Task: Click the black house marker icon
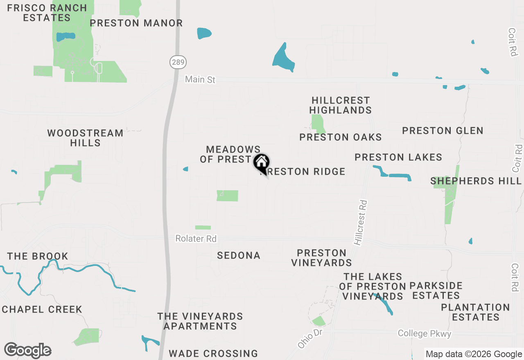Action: (261, 162)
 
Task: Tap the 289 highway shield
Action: (178, 62)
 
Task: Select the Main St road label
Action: (200, 79)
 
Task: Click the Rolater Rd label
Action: (196, 239)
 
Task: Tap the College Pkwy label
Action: (425, 334)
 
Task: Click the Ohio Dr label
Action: (310, 339)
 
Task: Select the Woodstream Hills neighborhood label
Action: (85, 138)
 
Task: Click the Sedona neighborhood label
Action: (239, 256)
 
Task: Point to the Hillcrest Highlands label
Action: (341, 105)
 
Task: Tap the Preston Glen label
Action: (443, 131)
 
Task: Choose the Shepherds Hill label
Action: (476, 181)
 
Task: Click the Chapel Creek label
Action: (42, 309)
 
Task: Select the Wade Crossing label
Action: (213, 353)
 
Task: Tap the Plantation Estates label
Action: (475, 312)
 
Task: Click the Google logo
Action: (27, 351)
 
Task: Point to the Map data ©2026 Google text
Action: (474, 354)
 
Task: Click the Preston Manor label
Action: (136, 23)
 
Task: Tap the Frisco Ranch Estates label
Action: (47, 13)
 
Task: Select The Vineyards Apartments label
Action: (200, 321)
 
